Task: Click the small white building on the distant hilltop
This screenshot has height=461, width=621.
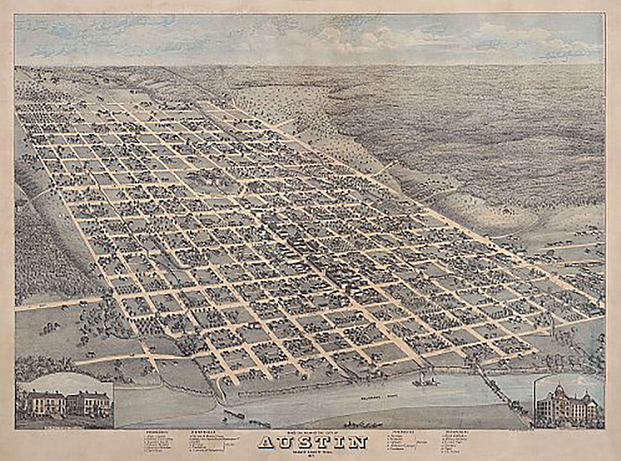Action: pos(133,91)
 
